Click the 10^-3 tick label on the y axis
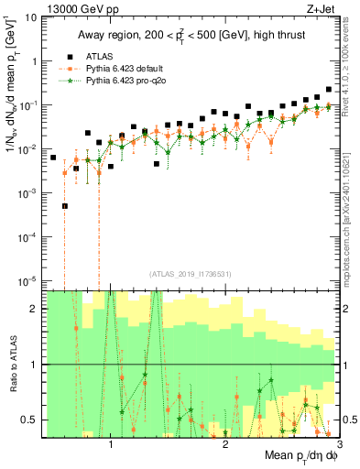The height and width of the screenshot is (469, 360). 27,192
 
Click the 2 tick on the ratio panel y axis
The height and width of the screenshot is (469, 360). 35,309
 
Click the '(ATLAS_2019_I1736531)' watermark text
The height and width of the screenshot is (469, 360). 191,273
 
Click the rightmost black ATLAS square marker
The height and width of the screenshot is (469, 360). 329,90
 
